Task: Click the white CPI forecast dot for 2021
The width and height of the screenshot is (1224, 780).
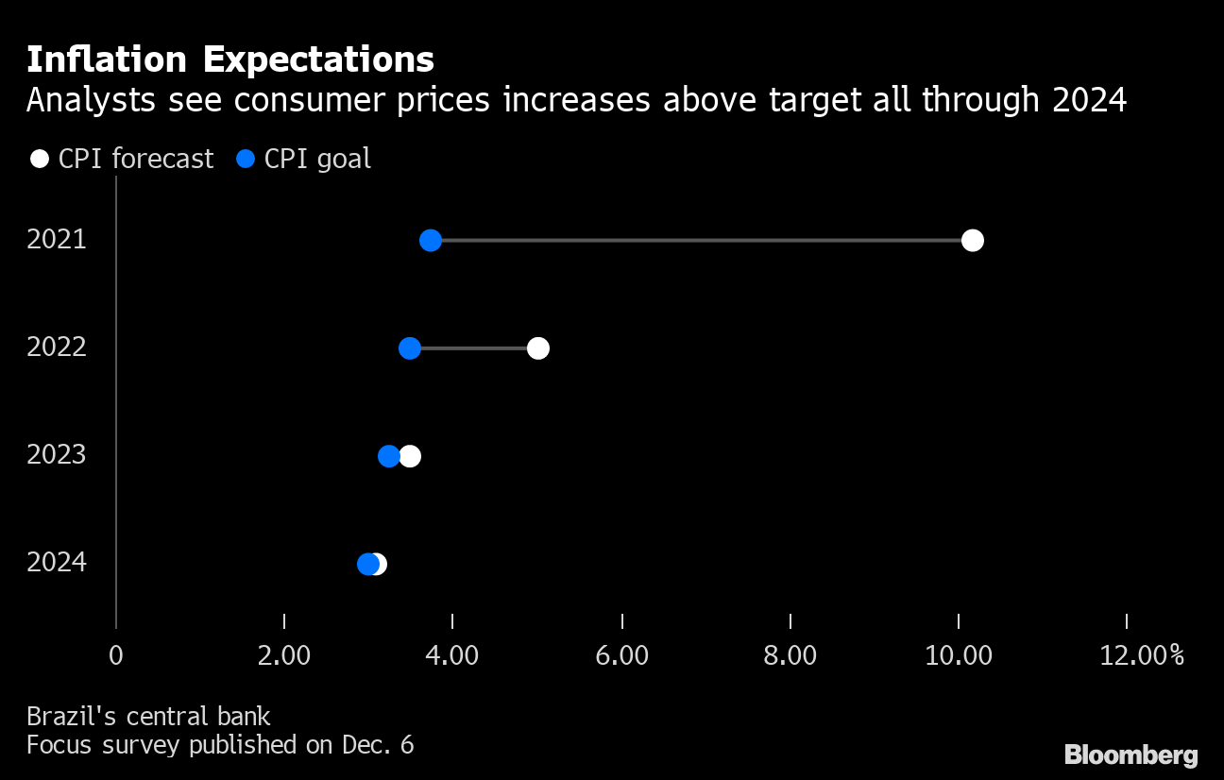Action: [x=972, y=241]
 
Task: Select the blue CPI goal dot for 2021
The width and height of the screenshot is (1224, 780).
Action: [x=431, y=241]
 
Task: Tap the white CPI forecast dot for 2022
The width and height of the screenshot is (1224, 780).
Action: [x=538, y=348]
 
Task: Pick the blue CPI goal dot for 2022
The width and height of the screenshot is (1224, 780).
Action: [x=410, y=348]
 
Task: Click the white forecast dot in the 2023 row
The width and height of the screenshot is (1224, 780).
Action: [x=411, y=456]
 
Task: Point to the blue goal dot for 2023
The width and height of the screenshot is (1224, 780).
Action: [x=388, y=456]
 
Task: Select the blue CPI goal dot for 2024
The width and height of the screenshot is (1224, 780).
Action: [x=367, y=564]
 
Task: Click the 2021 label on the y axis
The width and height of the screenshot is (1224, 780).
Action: [x=57, y=240]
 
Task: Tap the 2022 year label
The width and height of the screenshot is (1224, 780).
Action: [x=57, y=348]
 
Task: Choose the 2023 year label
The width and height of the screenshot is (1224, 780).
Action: [x=57, y=455]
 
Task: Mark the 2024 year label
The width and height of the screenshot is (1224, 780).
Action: [x=57, y=563]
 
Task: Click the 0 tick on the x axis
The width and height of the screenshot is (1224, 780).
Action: [x=115, y=655]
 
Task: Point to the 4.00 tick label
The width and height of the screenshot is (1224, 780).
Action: [x=453, y=655]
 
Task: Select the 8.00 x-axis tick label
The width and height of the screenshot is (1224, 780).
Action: [x=790, y=655]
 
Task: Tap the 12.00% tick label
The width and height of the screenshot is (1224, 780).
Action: [x=1141, y=655]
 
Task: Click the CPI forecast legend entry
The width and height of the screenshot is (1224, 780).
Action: [x=123, y=159]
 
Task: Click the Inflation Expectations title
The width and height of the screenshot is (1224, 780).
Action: [x=230, y=59]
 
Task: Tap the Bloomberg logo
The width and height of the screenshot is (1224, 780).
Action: [x=1131, y=755]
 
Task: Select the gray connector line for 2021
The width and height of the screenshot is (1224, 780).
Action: [x=699, y=241]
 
